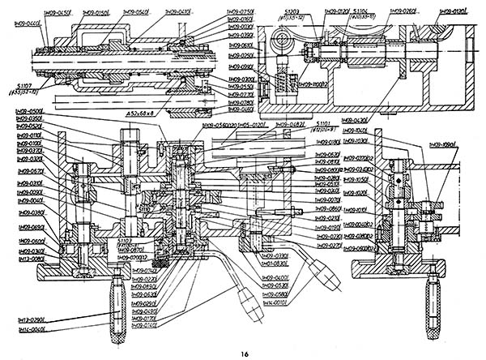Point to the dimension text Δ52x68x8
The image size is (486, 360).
[145, 115]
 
